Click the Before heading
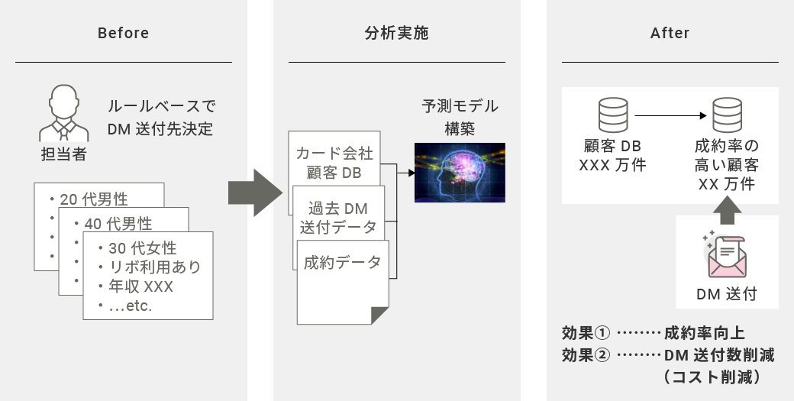(123, 34)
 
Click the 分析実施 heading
(396, 34)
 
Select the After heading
(670, 34)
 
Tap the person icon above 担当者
(64, 113)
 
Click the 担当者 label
(64, 154)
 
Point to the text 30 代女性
(142, 248)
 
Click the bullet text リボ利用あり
(155, 267)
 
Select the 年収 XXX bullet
(140, 286)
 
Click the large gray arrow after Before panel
(255, 193)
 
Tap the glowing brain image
(460, 173)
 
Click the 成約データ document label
(342, 262)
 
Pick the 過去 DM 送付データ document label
(338, 218)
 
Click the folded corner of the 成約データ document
(379, 315)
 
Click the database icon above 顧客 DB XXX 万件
(613, 115)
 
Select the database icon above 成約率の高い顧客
(727, 115)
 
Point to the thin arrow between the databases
(670, 115)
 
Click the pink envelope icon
(727, 256)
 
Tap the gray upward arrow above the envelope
(727, 210)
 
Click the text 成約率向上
(705, 333)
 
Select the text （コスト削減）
(712, 377)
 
